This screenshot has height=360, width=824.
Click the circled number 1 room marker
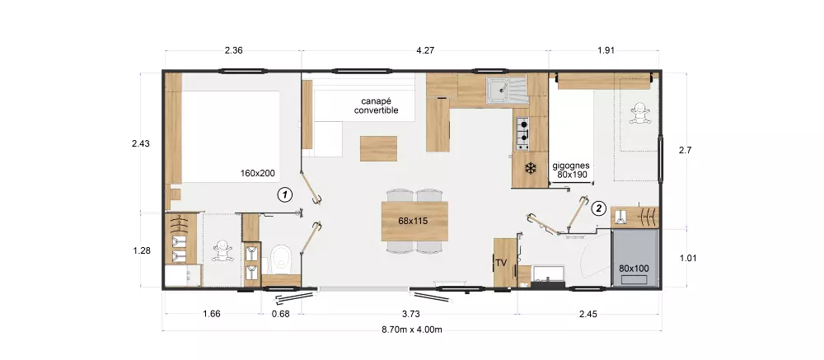tap(284, 195)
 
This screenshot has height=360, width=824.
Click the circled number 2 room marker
tap(598, 208)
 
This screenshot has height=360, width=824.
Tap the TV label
tap(501, 263)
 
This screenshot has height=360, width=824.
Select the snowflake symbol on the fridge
tap(531, 169)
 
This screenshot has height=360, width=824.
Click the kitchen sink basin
tap(497, 91)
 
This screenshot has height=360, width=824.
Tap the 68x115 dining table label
tap(413, 222)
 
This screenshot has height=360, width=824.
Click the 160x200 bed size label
tap(257, 172)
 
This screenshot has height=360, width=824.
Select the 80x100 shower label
tap(634, 268)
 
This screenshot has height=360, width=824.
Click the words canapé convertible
tap(377, 105)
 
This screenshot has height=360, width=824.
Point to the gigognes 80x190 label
tap(571, 171)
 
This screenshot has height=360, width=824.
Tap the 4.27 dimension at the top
tap(425, 51)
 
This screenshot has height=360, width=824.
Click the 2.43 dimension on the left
tap(141, 143)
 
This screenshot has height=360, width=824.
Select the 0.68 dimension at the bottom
tap(281, 314)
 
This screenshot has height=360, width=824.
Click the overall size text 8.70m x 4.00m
tap(412, 330)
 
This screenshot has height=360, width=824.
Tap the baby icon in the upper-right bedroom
tap(640, 113)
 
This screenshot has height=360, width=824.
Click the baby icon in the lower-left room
tap(222, 251)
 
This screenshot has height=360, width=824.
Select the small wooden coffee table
tap(378, 148)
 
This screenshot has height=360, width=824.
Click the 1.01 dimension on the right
tap(687, 258)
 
